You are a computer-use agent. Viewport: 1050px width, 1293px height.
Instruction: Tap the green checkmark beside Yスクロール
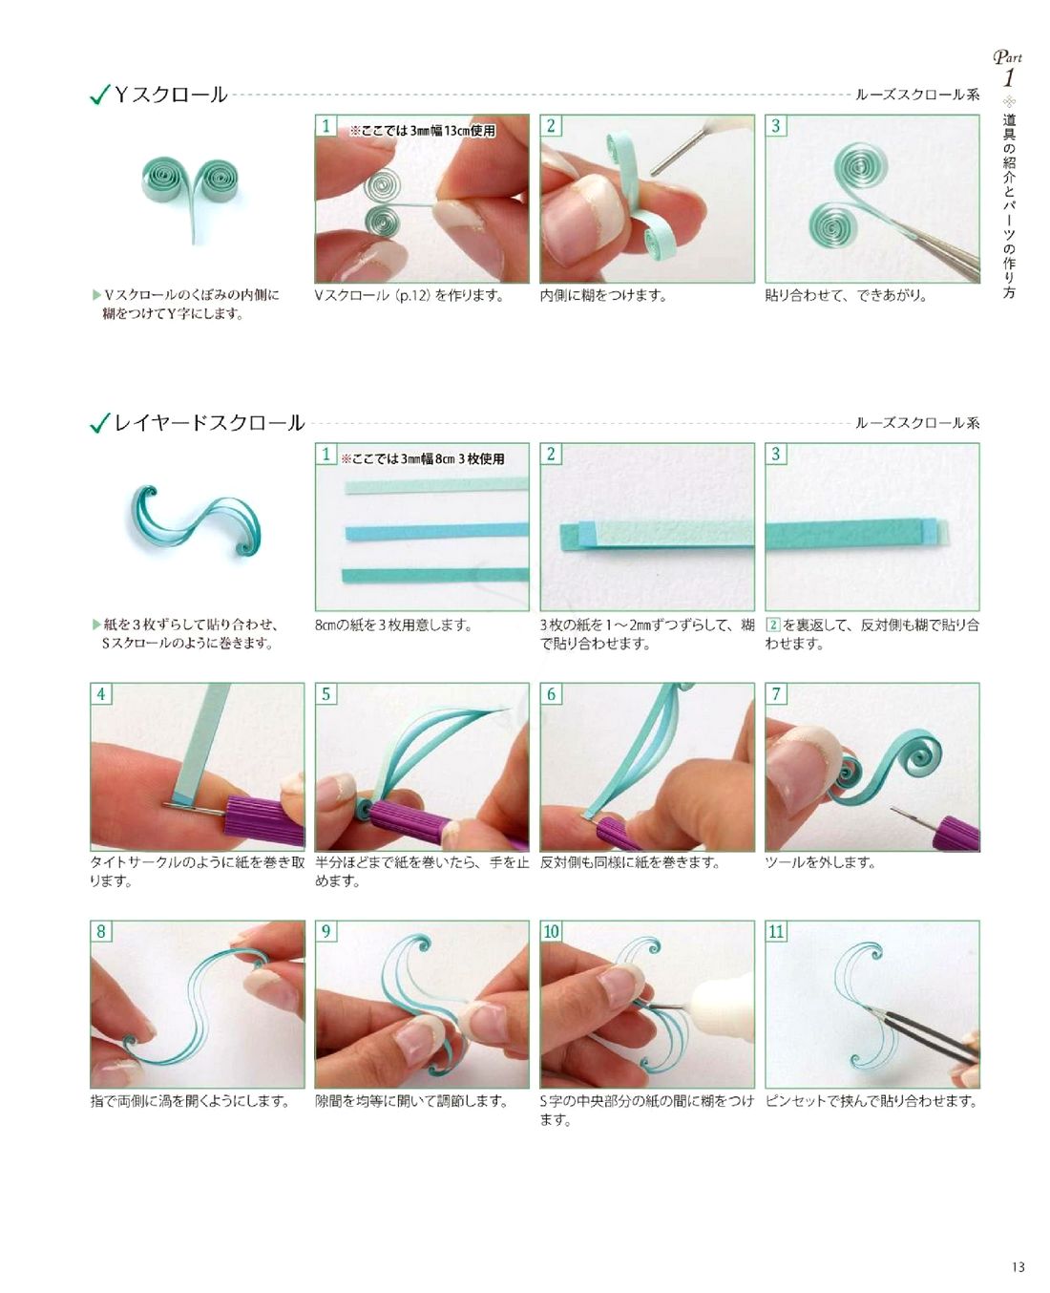coord(99,95)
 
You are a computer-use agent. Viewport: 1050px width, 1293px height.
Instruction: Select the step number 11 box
coord(776,930)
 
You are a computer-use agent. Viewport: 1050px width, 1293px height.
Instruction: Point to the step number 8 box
coord(101,930)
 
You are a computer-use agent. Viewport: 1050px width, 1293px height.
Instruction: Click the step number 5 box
coord(325,693)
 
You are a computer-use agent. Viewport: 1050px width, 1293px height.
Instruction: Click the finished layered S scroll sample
coord(196,520)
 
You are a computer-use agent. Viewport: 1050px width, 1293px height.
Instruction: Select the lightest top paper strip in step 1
coord(436,486)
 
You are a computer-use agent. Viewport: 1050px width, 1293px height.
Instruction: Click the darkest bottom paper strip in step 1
coord(435,575)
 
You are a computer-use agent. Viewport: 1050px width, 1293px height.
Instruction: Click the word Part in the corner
coord(1008,57)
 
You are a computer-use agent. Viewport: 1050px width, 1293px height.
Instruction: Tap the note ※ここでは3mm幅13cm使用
coord(423,131)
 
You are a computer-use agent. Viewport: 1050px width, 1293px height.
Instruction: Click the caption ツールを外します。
coord(820,862)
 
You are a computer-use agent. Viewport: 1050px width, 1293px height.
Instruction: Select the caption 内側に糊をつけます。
coord(603,296)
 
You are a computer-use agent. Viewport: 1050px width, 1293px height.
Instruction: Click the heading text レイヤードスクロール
coord(209,422)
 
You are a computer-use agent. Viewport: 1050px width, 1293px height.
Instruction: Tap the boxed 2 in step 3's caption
coord(773,625)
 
